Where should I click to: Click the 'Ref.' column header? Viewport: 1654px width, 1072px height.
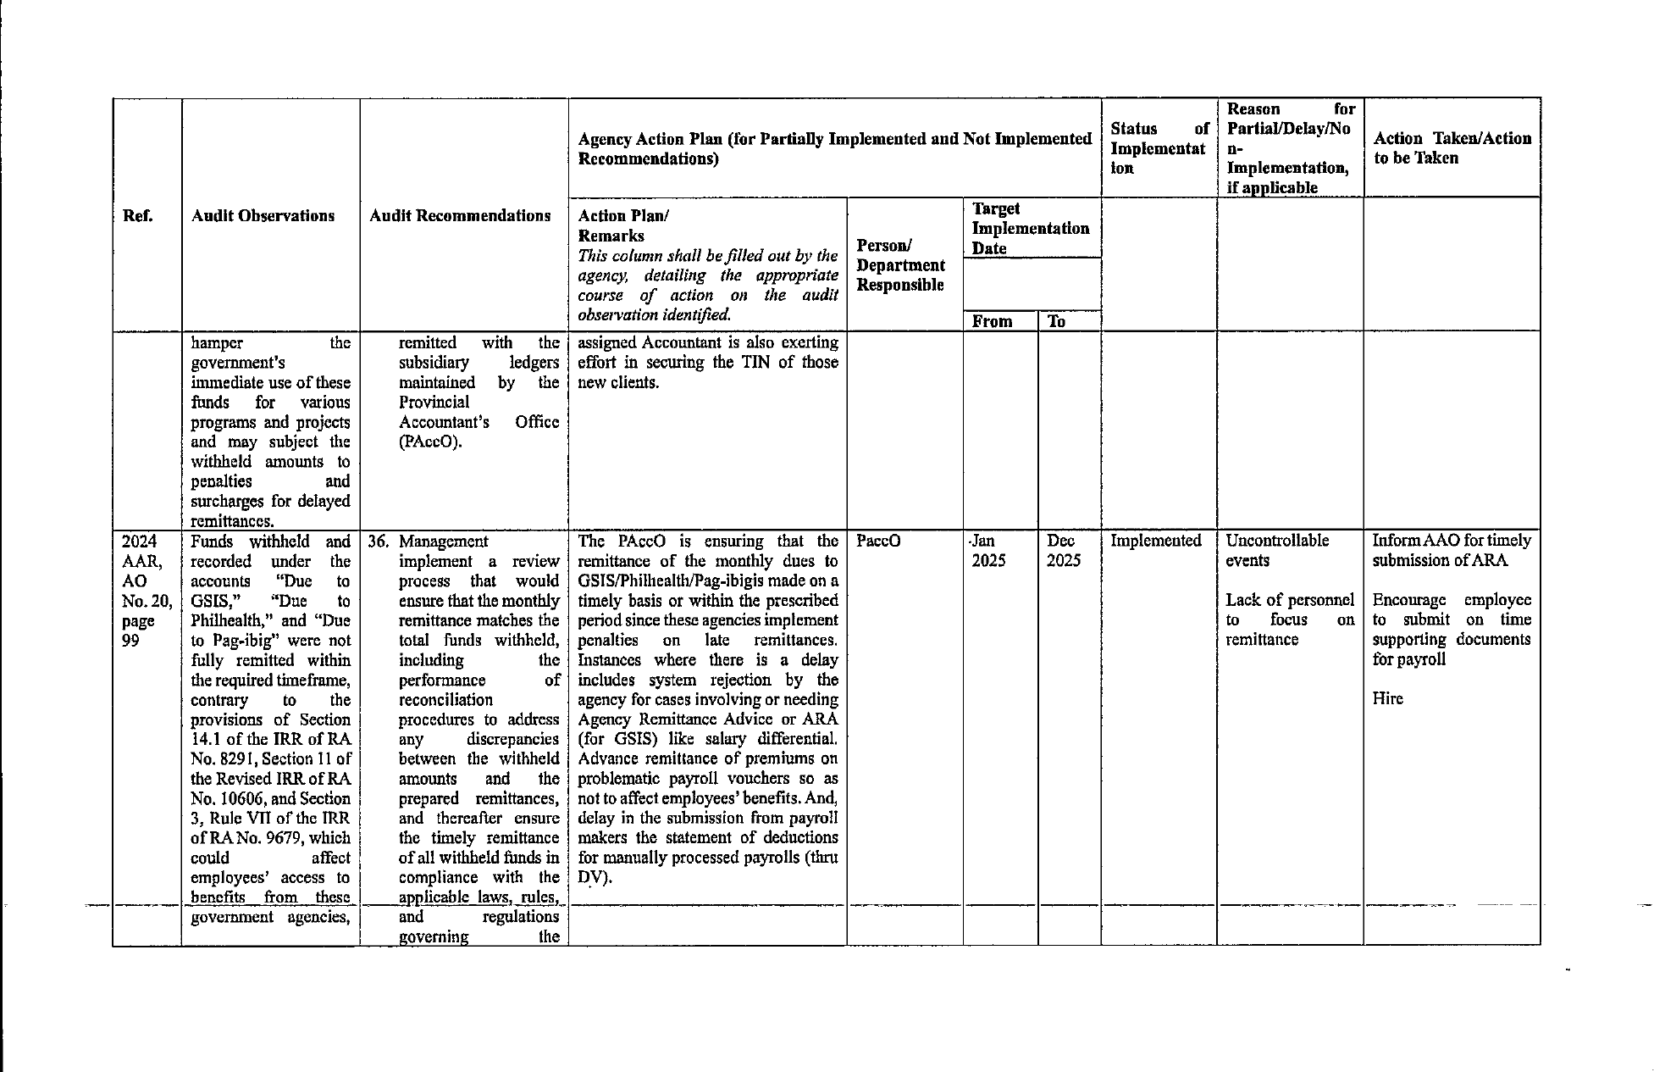click(138, 216)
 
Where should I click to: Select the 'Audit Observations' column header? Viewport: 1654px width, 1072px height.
click(263, 216)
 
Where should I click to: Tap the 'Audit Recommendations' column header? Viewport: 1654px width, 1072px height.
click(460, 216)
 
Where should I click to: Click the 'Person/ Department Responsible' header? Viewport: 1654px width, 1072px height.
click(900, 265)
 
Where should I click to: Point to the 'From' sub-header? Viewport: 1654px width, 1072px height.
click(993, 321)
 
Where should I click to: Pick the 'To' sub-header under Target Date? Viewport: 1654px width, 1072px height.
click(1056, 321)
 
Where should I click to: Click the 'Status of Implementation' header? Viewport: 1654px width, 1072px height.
click(1159, 148)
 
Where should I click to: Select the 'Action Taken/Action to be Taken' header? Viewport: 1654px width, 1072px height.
click(1452, 148)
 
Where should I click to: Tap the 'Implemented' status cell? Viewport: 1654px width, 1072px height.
click(1155, 541)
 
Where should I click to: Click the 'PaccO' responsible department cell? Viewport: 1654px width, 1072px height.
click(877, 541)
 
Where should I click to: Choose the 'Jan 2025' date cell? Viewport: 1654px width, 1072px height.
click(988, 551)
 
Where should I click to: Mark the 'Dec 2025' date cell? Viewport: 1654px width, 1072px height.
click(1063, 551)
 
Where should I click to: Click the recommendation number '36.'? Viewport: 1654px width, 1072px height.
click(379, 542)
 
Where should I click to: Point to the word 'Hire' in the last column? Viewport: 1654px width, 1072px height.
click(1387, 699)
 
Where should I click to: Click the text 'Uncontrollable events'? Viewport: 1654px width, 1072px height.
click(1276, 551)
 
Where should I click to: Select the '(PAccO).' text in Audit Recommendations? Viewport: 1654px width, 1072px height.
click(430, 442)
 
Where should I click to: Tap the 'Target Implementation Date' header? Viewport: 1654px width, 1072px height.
click(1030, 229)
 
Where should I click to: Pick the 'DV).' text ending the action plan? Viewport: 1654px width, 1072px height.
click(595, 877)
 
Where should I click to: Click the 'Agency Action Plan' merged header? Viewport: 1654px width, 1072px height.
click(833, 148)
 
